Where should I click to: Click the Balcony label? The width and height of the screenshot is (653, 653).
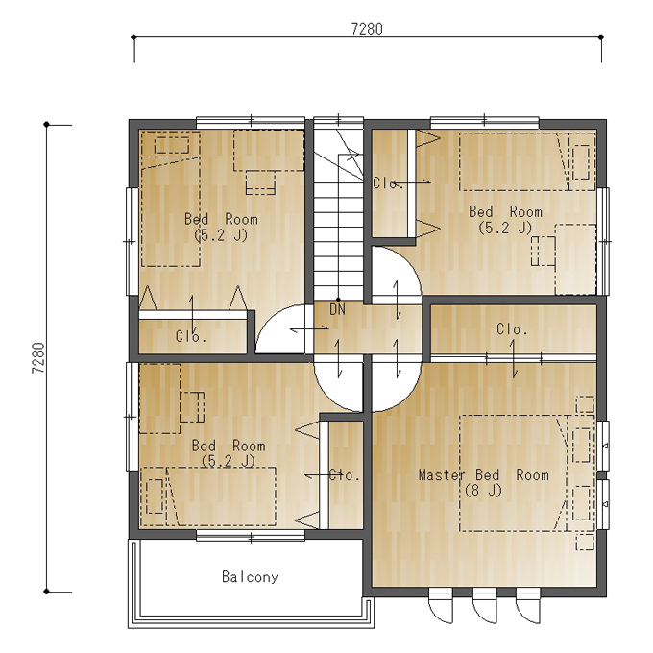[250, 577]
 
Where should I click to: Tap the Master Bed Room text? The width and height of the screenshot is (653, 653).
[483, 475]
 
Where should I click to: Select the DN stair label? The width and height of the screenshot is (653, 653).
[337, 309]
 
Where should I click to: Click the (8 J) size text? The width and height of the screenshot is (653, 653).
[483, 491]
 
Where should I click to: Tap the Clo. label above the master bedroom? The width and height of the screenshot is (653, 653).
[512, 329]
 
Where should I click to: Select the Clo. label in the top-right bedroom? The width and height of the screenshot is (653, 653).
[387, 183]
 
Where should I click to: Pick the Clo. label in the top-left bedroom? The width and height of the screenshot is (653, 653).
[191, 336]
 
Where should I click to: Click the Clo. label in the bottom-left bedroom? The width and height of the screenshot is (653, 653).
[344, 474]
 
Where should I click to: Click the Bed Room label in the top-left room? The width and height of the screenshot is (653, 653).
[221, 219]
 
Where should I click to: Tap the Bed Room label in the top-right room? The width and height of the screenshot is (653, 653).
[505, 211]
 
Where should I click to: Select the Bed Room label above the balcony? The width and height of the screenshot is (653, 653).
[229, 446]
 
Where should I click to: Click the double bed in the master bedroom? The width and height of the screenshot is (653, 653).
[515, 473]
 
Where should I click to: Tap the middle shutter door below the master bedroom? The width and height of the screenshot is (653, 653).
[485, 605]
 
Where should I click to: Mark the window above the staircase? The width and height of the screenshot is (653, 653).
[338, 120]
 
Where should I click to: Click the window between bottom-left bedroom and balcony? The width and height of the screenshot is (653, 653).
[251, 536]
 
